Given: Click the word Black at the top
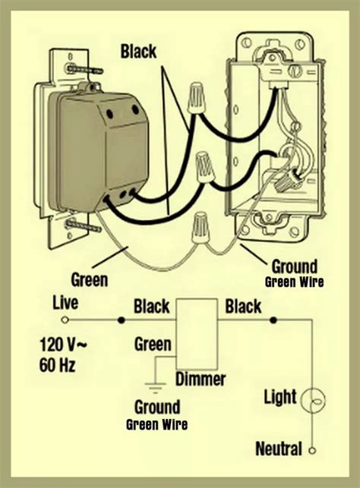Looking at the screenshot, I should (x=138, y=51).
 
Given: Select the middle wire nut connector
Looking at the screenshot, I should (x=204, y=165).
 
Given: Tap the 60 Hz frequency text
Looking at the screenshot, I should (x=59, y=367).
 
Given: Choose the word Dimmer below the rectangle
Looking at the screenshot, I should (x=201, y=378).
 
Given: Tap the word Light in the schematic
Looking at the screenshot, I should (x=280, y=396).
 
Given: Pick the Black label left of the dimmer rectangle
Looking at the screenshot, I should (x=151, y=307).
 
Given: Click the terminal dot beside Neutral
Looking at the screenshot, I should (x=311, y=450).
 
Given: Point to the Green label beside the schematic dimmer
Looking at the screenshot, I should (x=153, y=345).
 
